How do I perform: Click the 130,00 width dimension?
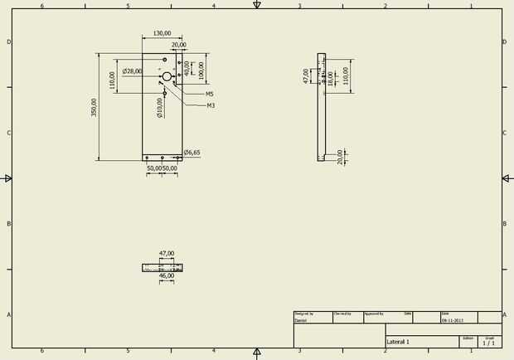click(x=162, y=34)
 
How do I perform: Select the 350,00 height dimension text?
click(x=95, y=107)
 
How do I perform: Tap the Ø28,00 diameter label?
click(x=132, y=71)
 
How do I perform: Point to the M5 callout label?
click(x=210, y=95)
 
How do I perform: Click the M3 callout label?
click(x=211, y=105)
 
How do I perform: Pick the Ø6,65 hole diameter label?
click(x=192, y=153)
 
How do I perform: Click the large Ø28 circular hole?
click(x=167, y=76)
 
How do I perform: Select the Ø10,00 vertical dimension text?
click(x=159, y=107)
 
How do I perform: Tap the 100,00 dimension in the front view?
click(x=201, y=69)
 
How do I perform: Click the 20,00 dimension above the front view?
click(x=178, y=45)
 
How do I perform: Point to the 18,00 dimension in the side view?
click(x=330, y=79)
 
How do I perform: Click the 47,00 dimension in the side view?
click(x=305, y=76)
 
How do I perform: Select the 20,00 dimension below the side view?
click(x=341, y=157)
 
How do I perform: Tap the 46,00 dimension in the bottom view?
click(x=166, y=276)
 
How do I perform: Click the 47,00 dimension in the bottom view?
click(x=166, y=254)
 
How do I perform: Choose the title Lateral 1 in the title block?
click(x=398, y=342)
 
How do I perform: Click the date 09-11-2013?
click(x=453, y=320)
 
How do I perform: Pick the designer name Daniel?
click(x=301, y=320)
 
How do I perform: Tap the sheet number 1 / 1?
click(x=489, y=343)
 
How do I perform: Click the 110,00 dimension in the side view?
click(x=347, y=76)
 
